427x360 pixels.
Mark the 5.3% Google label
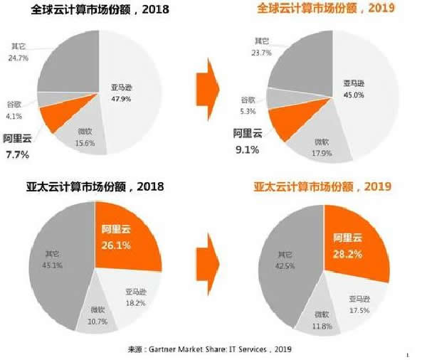tap(247, 110)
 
